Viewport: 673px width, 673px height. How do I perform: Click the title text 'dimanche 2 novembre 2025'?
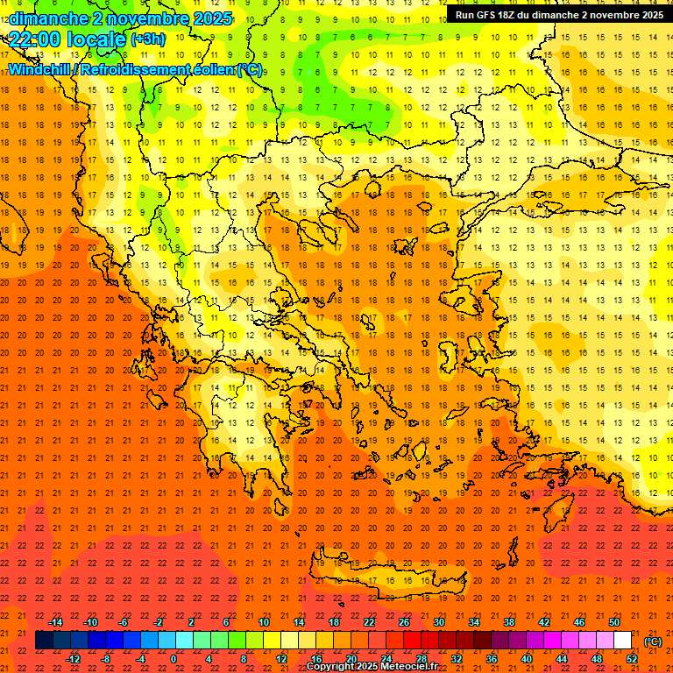pyautogui.click(x=120, y=18)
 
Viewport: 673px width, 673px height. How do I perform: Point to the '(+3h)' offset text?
pyautogui.click(x=147, y=39)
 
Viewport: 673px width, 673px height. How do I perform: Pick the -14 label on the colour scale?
pyautogui.click(x=56, y=622)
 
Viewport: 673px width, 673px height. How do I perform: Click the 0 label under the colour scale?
pyautogui.click(x=174, y=659)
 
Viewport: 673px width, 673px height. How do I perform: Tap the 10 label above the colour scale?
pyautogui.click(x=263, y=622)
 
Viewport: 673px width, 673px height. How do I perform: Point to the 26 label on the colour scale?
pyautogui.click(x=404, y=622)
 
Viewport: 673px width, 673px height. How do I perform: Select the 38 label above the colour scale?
pyautogui.click(x=509, y=622)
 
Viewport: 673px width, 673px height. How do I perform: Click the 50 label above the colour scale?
pyautogui.click(x=614, y=622)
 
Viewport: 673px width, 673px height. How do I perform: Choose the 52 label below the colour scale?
pyautogui.click(x=632, y=659)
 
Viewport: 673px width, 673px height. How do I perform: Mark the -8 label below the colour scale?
pyautogui.click(x=106, y=659)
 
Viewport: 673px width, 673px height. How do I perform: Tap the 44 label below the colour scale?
pyautogui.click(x=562, y=659)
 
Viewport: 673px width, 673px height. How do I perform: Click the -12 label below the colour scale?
pyautogui.click(x=73, y=659)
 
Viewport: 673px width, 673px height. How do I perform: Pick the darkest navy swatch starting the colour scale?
pyautogui.click(x=44, y=641)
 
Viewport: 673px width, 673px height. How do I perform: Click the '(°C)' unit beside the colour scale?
pyautogui.click(x=653, y=641)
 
